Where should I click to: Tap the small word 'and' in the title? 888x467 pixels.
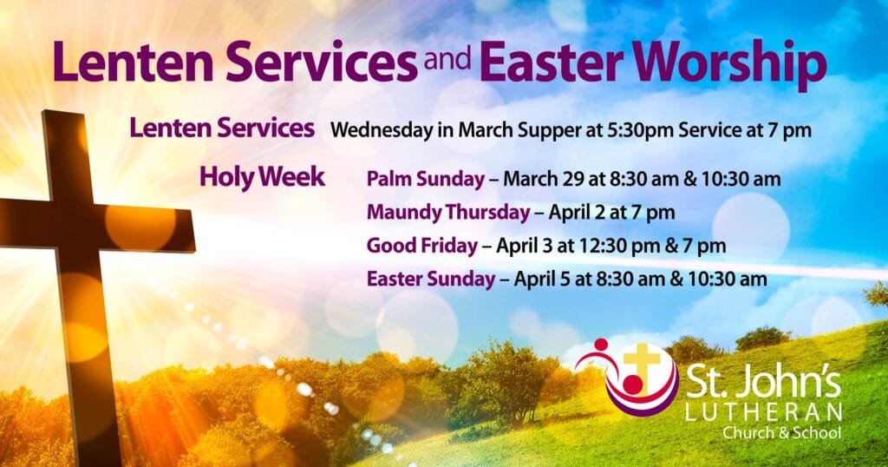447,58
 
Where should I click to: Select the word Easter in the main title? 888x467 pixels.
552,62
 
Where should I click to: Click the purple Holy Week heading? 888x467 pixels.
262,177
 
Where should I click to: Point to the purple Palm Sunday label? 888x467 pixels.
425,180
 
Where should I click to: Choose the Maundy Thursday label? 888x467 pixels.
448,213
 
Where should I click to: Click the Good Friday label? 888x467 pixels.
422,246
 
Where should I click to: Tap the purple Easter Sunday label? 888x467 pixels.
431,280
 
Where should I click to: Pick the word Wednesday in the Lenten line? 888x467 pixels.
381,130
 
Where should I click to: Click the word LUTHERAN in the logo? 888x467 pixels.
763,412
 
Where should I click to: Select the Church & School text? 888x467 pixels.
781,433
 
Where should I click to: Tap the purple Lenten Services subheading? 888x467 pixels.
222,128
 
